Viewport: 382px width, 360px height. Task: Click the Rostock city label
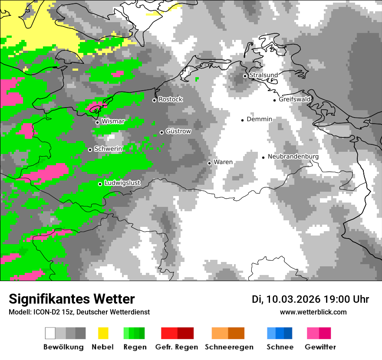pyautogui.click(x=170, y=99)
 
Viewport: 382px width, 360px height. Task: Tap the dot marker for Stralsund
pyautogui.click(x=245, y=76)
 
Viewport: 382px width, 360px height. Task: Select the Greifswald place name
pyautogui.click(x=295, y=99)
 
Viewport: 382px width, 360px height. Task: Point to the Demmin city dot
pyautogui.click(x=243, y=120)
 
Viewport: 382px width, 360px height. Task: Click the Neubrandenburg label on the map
pyautogui.click(x=293, y=157)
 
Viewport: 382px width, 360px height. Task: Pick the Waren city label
pyautogui.click(x=223, y=162)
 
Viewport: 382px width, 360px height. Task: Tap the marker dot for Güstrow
pyautogui.click(x=161, y=132)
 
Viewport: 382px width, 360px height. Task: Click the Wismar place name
pyautogui.click(x=113, y=121)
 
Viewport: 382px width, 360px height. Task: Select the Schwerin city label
pyautogui.click(x=108, y=149)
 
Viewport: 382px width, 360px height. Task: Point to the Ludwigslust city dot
pyautogui.click(x=100, y=184)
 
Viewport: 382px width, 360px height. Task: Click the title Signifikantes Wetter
pyautogui.click(x=72, y=299)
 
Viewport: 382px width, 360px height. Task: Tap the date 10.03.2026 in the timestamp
pyautogui.click(x=293, y=299)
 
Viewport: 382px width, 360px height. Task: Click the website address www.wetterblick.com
pyautogui.click(x=313, y=312)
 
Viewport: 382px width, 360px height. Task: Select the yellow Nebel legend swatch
pyautogui.click(x=103, y=333)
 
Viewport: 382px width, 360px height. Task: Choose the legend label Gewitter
pyautogui.click(x=320, y=347)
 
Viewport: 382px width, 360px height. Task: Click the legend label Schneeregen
pyautogui.click(x=229, y=347)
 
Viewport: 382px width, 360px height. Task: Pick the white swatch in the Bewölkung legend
pyautogui.click(x=50, y=333)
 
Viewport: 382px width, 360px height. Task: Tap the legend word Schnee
pyautogui.click(x=280, y=347)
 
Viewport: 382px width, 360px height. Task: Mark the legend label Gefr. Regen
pyautogui.click(x=177, y=347)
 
